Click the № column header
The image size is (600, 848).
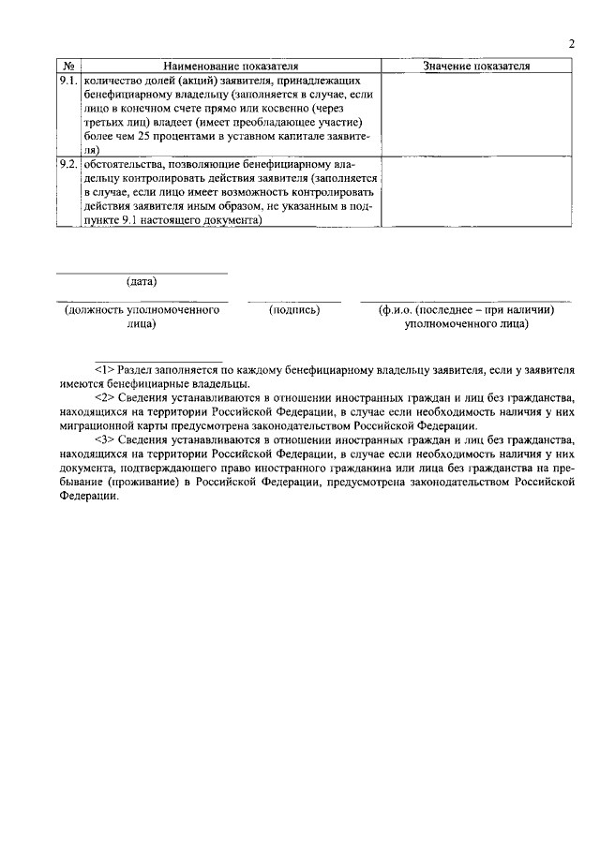[68, 67]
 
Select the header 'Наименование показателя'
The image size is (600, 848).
[231, 67]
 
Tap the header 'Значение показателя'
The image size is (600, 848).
[476, 67]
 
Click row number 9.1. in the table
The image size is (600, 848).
[68, 82]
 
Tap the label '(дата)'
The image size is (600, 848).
[142, 281]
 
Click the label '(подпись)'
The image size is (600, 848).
[294, 310]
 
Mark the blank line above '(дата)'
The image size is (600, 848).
[142, 273]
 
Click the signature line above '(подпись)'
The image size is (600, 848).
[294, 302]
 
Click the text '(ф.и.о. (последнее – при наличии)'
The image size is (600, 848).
[467, 310]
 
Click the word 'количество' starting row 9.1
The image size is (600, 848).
[110, 82]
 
